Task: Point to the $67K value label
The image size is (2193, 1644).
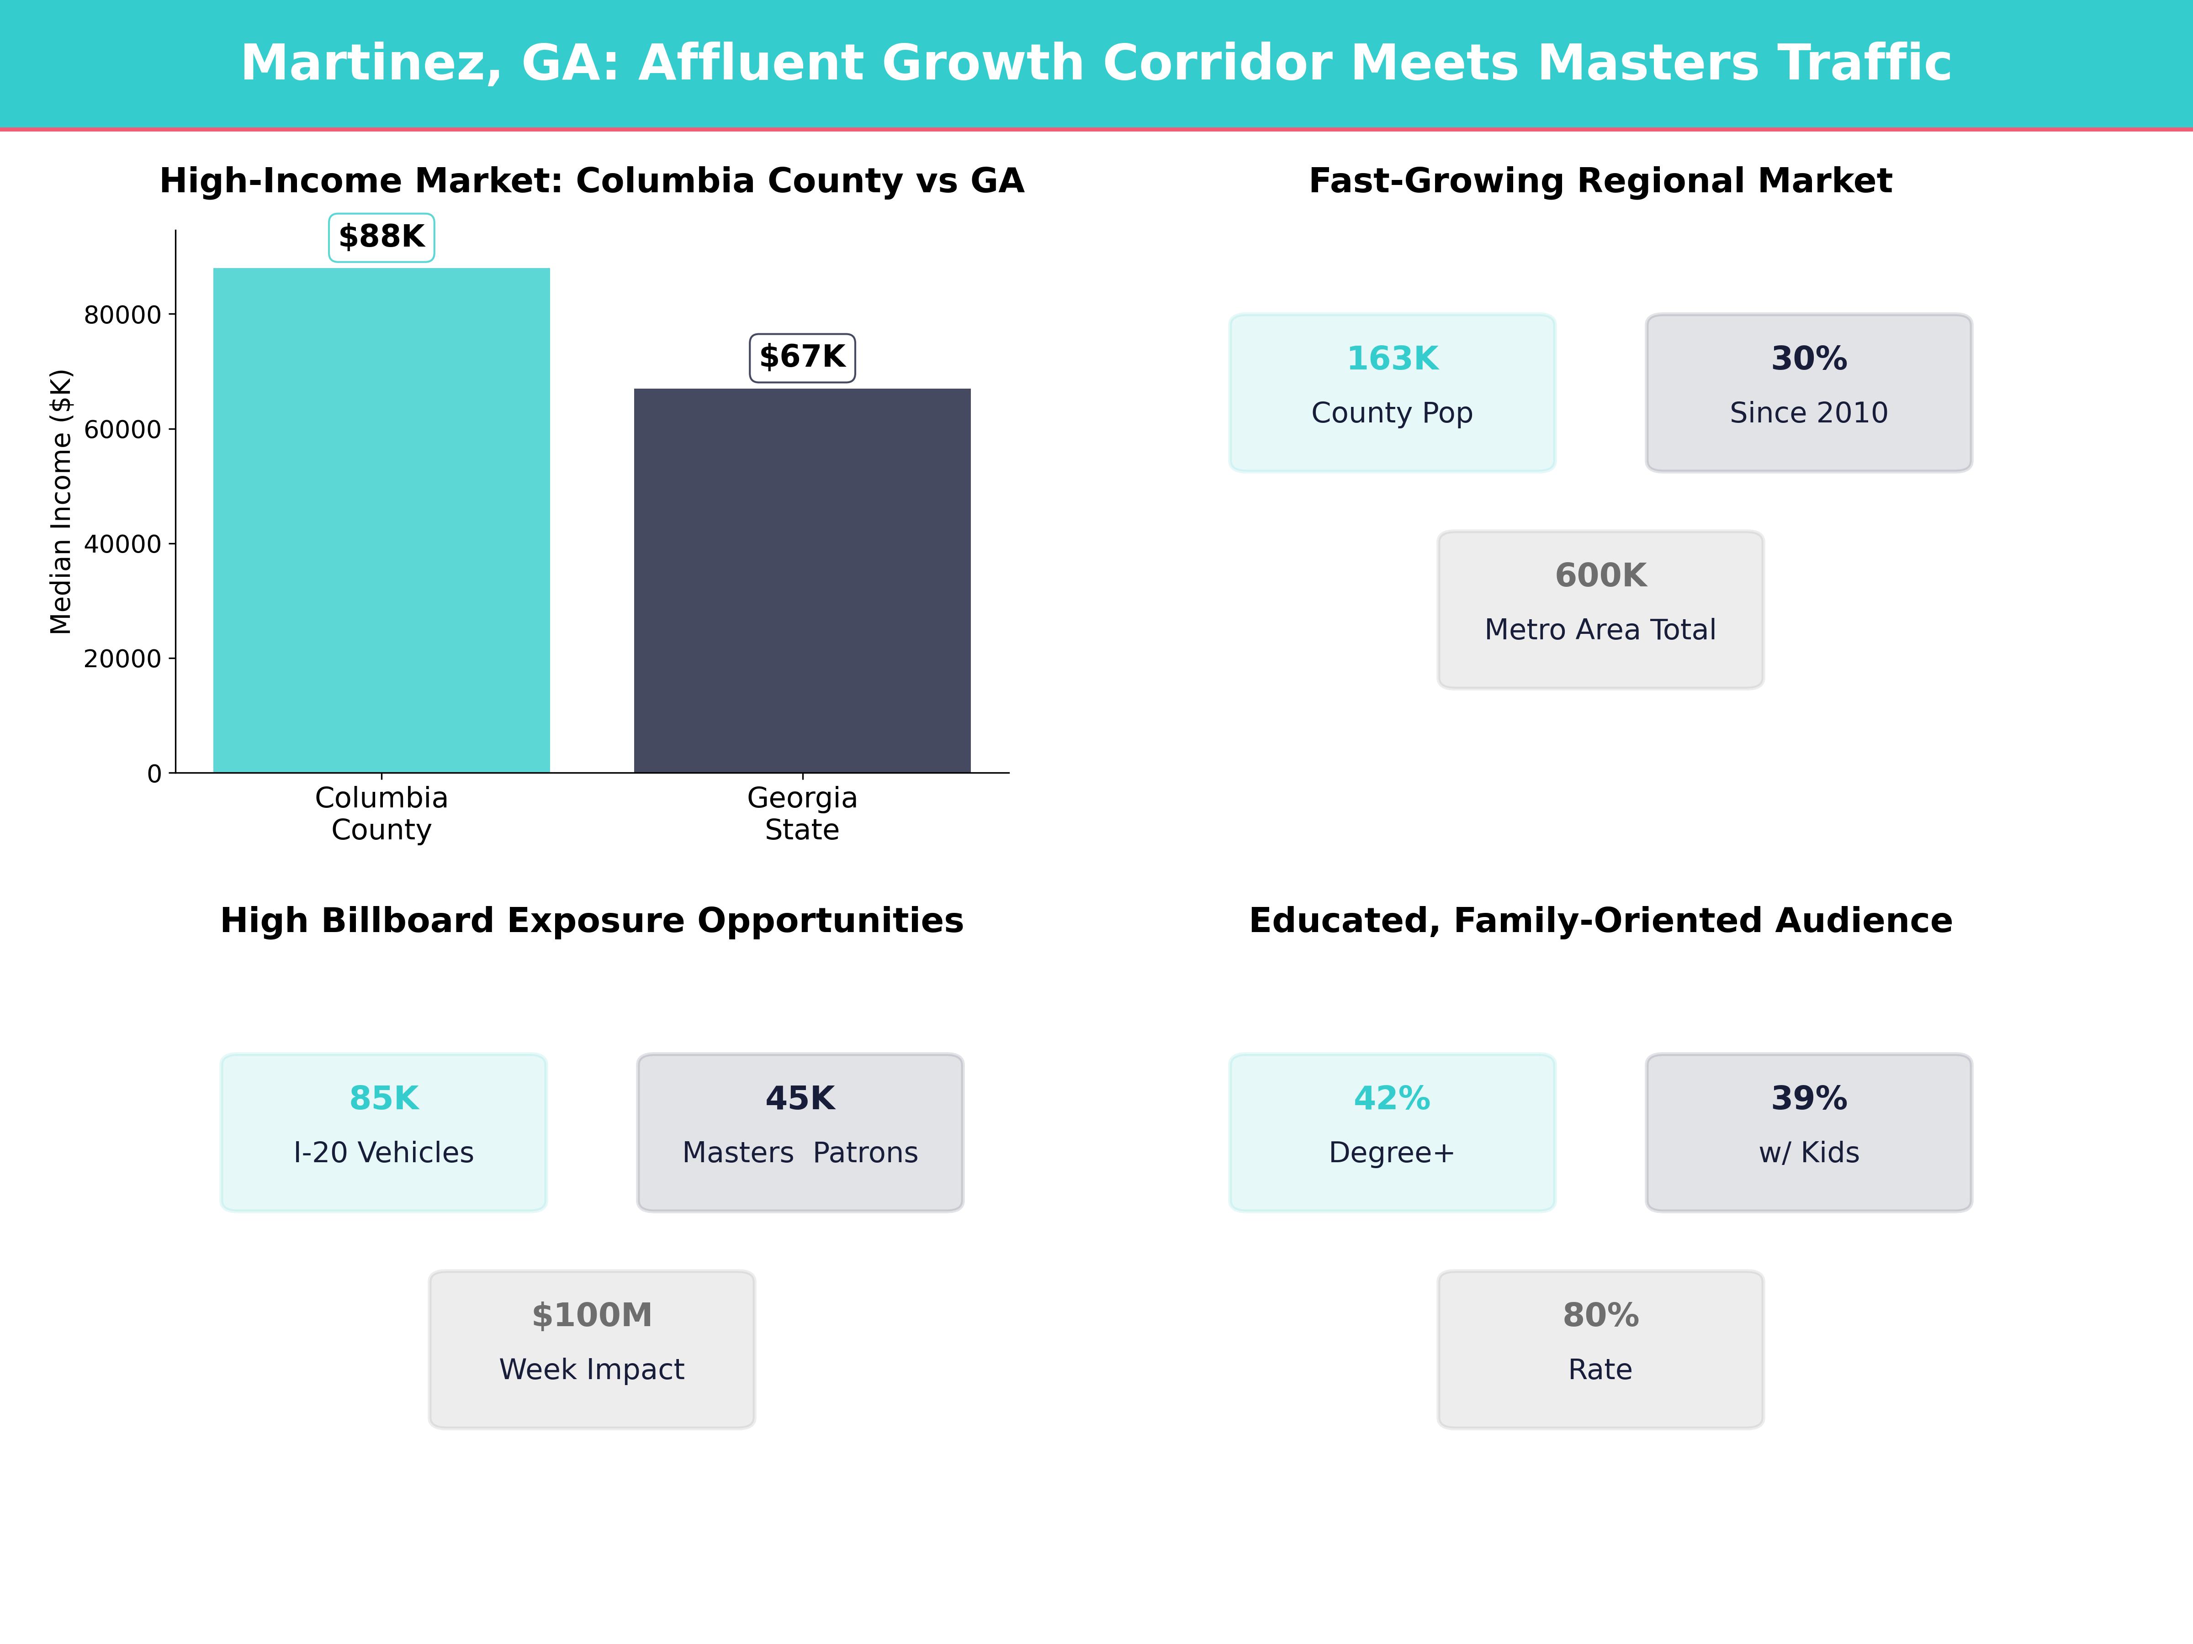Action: (802, 357)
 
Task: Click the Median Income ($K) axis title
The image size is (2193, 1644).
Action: (62, 501)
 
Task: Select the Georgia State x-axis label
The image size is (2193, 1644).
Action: (802, 814)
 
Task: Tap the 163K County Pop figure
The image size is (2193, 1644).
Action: (1392, 359)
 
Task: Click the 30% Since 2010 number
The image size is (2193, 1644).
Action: (1808, 359)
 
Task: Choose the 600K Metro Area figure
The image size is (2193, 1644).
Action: (1600, 576)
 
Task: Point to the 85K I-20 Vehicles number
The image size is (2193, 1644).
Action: (384, 1098)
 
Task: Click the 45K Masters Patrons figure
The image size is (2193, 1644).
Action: (800, 1098)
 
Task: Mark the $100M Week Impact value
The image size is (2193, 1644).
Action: (592, 1315)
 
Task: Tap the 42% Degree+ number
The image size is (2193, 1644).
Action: (1392, 1098)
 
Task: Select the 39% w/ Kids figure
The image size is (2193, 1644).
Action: (1808, 1098)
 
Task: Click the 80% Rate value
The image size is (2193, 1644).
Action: (1600, 1315)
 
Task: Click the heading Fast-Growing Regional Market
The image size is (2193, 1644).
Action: (1600, 181)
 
